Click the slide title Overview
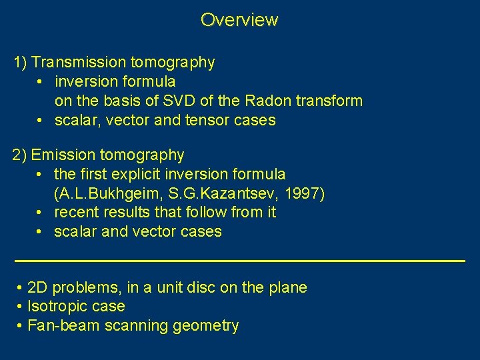239,20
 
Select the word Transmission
79,63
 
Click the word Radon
268,101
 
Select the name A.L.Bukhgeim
103,193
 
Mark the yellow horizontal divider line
239,260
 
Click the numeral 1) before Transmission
20,63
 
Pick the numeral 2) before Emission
20,155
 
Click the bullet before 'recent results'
41,213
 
